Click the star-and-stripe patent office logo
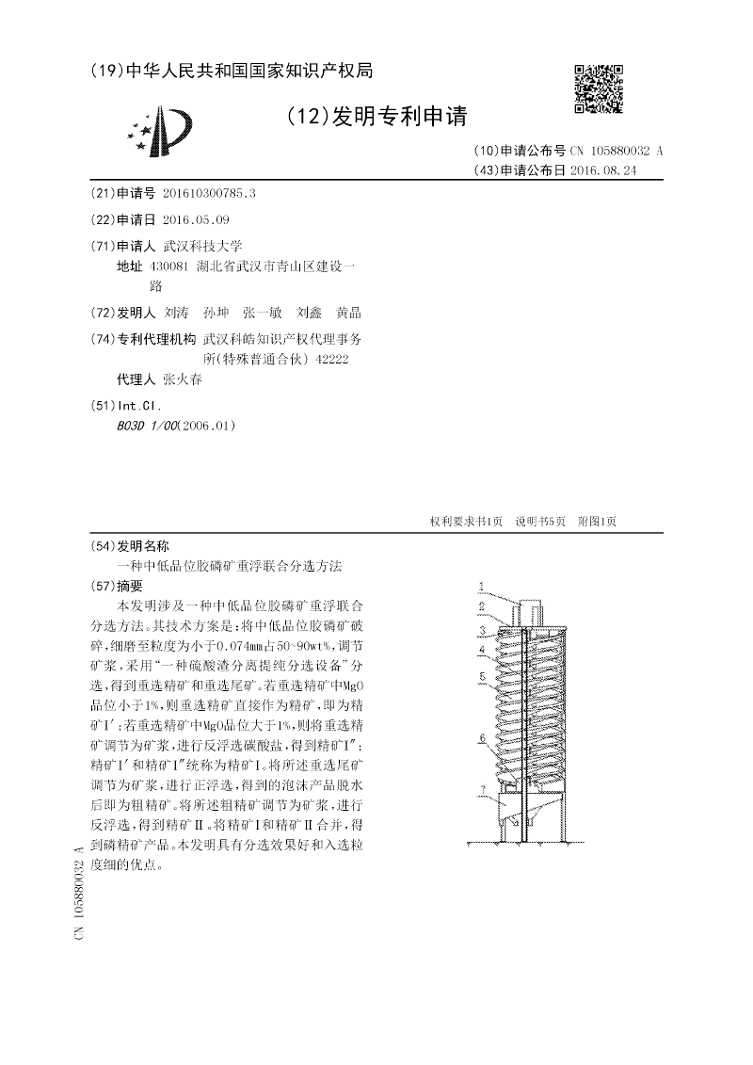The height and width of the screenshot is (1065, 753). pyautogui.click(x=163, y=132)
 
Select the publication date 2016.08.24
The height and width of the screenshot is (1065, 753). pyautogui.click(x=603, y=170)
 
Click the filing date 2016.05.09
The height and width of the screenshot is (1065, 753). pyautogui.click(x=196, y=219)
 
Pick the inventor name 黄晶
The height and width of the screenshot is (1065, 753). pyautogui.click(x=348, y=313)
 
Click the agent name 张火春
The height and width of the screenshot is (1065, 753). pyautogui.click(x=183, y=380)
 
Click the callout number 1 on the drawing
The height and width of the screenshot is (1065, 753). pyautogui.click(x=481, y=585)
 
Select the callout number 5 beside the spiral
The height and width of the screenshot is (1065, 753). pyautogui.click(x=481, y=676)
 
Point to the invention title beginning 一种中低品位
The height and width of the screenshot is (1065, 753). pyautogui.click(x=230, y=565)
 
